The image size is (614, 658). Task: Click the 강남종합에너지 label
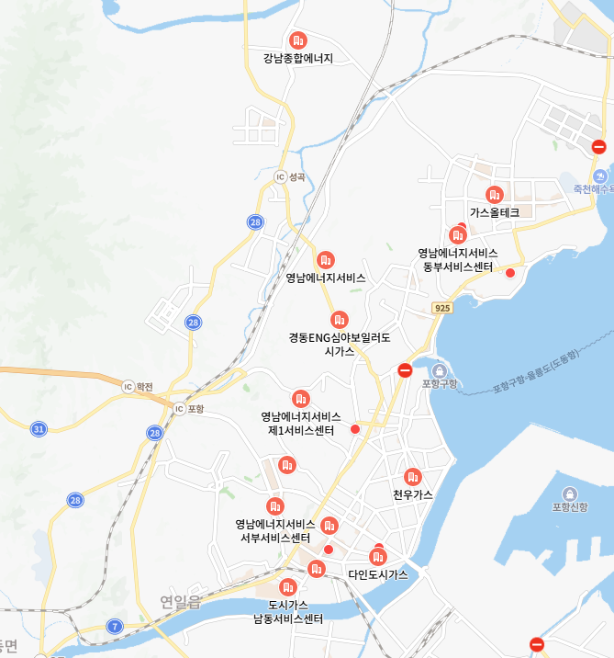pyautogui.click(x=297, y=59)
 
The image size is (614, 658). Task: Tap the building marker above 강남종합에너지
pyautogui.click(x=297, y=40)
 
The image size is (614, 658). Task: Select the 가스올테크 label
pyautogui.click(x=495, y=212)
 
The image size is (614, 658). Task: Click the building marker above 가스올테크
pyautogui.click(x=495, y=195)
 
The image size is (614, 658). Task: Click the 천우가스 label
pyautogui.click(x=412, y=494)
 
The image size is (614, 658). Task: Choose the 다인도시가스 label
pyautogui.click(x=377, y=574)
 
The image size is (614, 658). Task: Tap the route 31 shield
pyautogui.click(x=39, y=429)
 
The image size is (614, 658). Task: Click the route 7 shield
pyautogui.click(x=115, y=627)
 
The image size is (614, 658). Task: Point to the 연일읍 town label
pyautogui.click(x=180, y=602)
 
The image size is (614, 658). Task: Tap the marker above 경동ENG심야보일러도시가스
pyautogui.click(x=340, y=320)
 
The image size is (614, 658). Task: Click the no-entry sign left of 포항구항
pyautogui.click(x=405, y=370)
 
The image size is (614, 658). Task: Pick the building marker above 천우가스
pyautogui.click(x=412, y=476)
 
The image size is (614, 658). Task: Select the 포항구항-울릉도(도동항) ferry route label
pyautogui.click(x=536, y=370)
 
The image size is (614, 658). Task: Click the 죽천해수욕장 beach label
pyautogui.click(x=592, y=188)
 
